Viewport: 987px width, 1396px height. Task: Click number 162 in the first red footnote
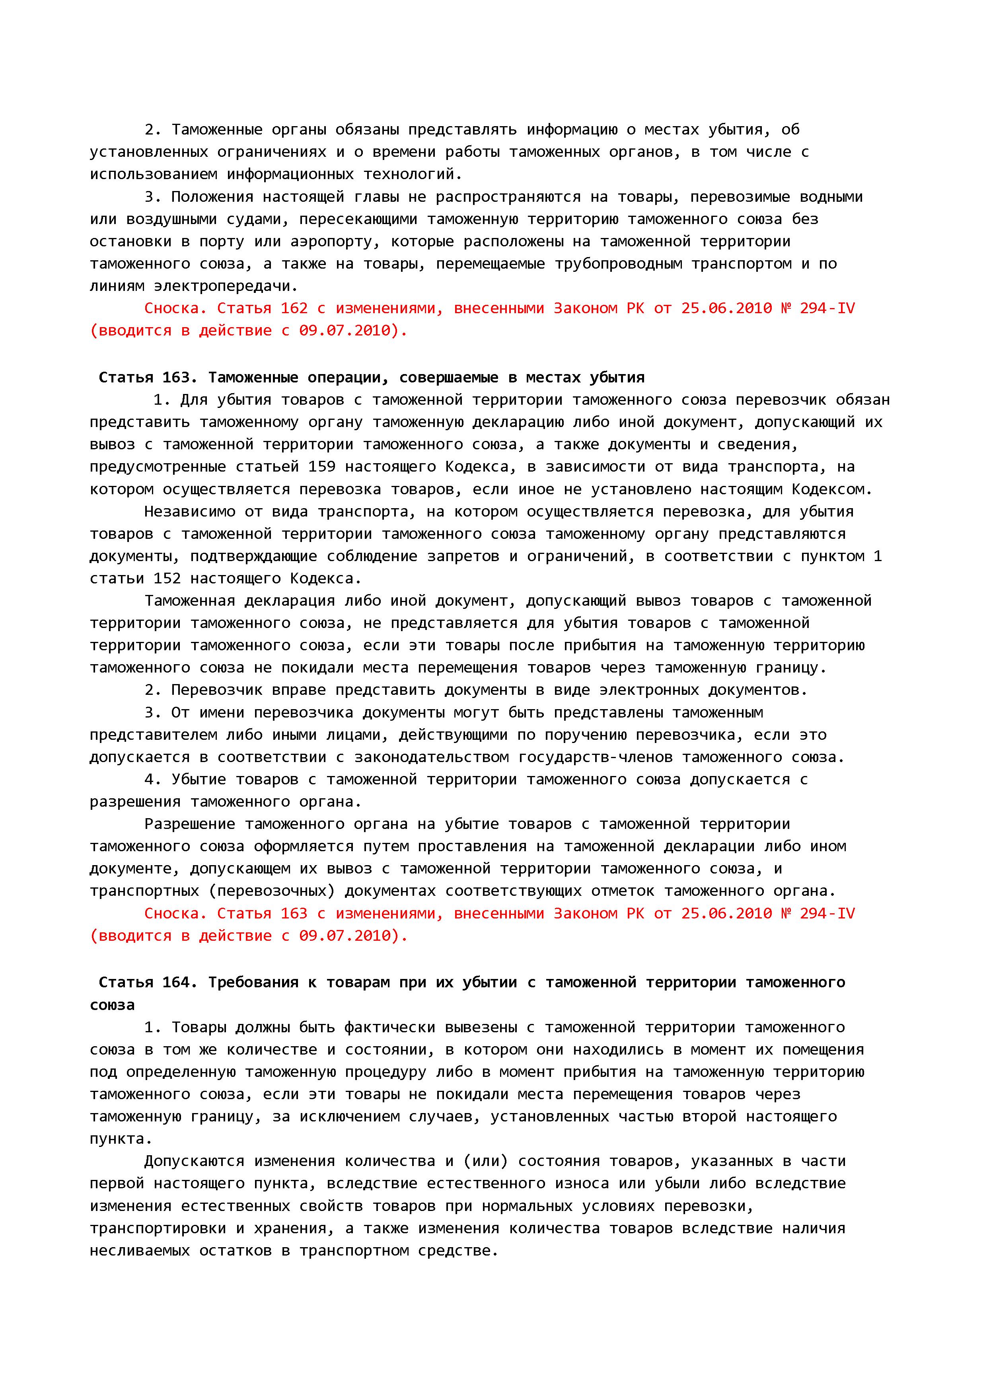(x=294, y=308)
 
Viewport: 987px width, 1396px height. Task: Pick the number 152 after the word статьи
(x=167, y=578)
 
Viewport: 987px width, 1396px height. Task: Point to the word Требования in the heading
(x=253, y=983)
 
